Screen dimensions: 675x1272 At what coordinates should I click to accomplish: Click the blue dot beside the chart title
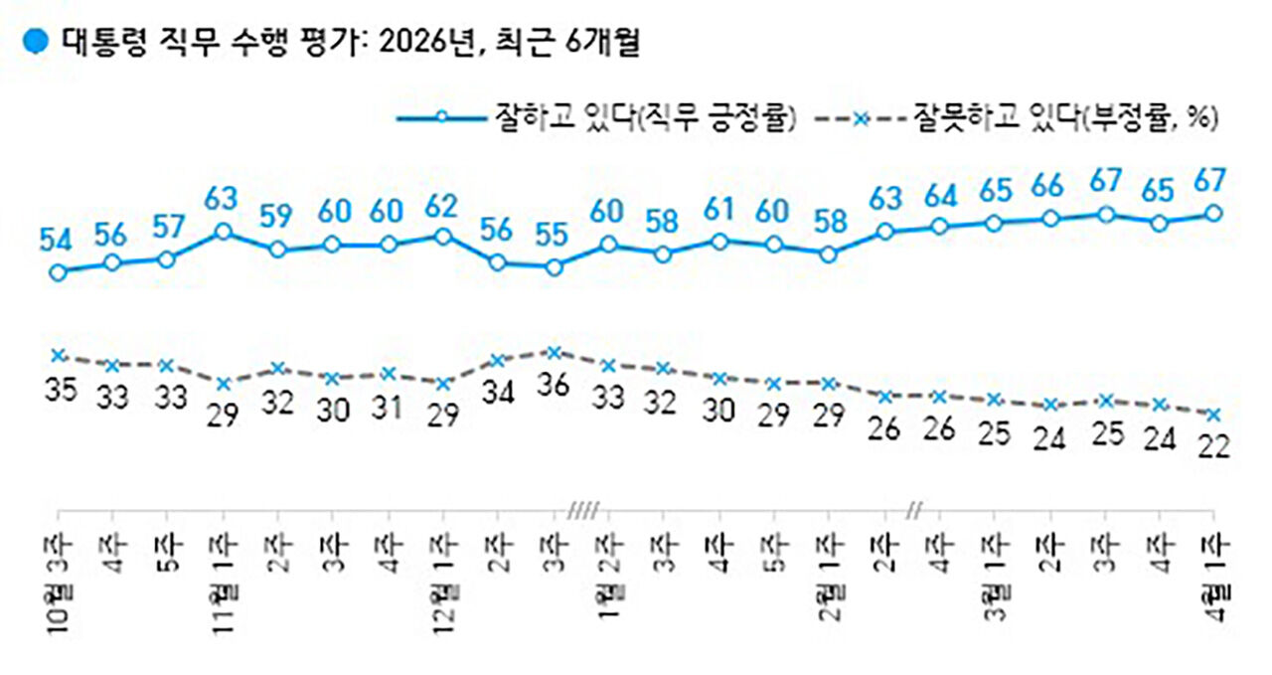click(x=36, y=43)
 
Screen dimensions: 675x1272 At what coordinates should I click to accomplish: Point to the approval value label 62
click(x=441, y=207)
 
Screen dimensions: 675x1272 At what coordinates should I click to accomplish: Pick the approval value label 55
click(x=554, y=235)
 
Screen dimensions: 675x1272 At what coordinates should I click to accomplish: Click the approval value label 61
click(x=717, y=209)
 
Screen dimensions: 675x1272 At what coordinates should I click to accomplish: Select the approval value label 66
click(x=1047, y=186)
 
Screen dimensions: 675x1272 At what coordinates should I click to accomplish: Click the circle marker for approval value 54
click(x=59, y=271)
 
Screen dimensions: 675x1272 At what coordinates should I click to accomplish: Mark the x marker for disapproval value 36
click(x=555, y=351)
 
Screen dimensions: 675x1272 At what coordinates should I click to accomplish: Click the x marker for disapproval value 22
click(x=1213, y=415)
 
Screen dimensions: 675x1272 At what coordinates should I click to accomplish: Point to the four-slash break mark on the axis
click(x=580, y=512)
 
